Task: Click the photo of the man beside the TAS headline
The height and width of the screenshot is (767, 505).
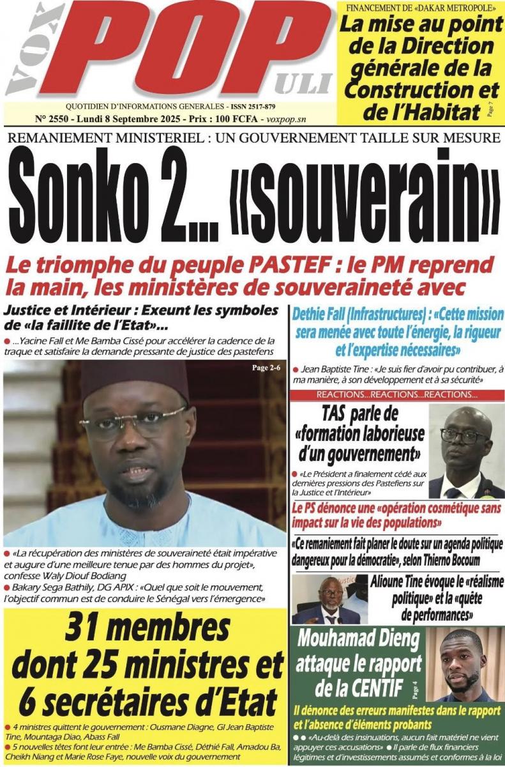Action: [465, 451]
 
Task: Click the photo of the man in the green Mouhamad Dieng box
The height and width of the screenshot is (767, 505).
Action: [464, 665]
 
